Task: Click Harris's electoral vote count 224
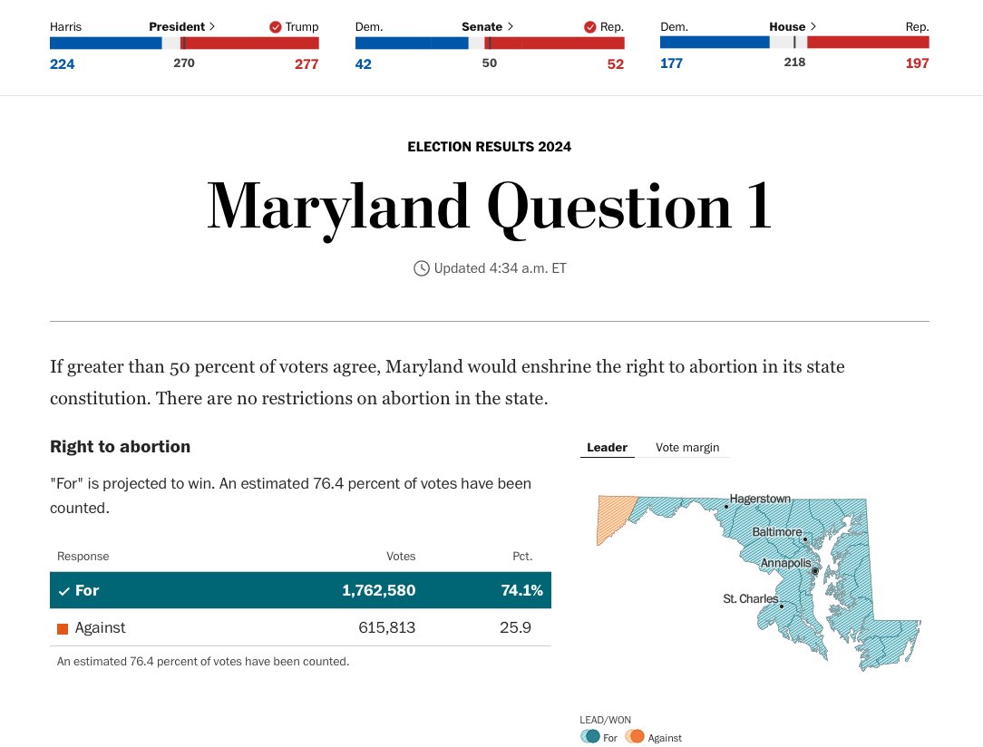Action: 63,63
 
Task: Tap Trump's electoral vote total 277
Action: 307,63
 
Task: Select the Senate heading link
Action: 487,27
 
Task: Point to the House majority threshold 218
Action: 794,63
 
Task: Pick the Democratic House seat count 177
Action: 671,63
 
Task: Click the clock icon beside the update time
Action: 422,268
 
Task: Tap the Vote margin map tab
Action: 687,448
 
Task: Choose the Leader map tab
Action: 607,448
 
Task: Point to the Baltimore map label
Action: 776,532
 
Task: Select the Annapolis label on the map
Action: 785,564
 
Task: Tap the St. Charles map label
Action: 750,599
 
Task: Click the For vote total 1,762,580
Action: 378,590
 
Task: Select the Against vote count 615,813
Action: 386,627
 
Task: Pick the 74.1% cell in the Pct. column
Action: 521,590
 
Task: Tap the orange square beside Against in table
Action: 63,628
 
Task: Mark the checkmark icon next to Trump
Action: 276,27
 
